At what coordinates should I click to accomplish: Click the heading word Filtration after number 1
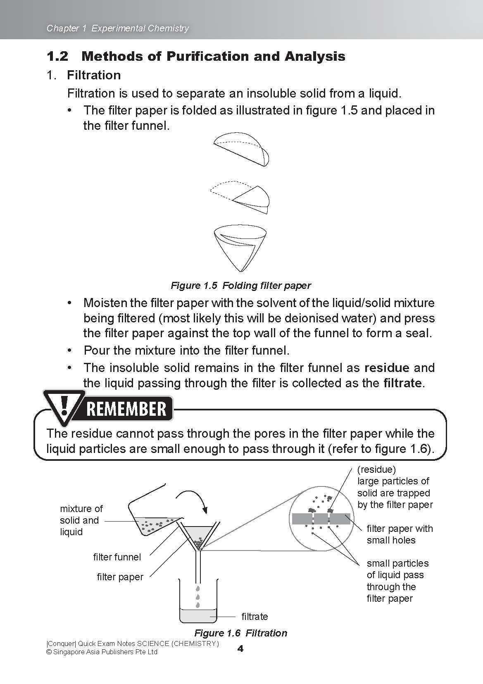(x=94, y=75)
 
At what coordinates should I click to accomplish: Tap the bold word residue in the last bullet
(x=387, y=367)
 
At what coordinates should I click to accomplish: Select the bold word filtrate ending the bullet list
(x=402, y=383)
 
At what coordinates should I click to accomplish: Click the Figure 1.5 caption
(x=240, y=286)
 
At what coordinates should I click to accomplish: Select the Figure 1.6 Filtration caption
(x=240, y=633)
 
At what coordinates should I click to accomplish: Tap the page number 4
(x=240, y=649)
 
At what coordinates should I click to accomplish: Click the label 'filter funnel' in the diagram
(x=117, y=557)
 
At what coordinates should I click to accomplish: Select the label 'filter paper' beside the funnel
(x=120, y=577)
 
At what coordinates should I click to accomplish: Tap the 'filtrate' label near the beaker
(x=255, y=617)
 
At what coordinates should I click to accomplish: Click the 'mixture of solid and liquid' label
(x=81, y=520)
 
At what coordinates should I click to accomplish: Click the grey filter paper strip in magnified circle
(x=321, y=519)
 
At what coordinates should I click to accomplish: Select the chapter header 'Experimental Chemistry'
(x=140, y=28)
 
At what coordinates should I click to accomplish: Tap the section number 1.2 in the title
(x=57, y=56)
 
